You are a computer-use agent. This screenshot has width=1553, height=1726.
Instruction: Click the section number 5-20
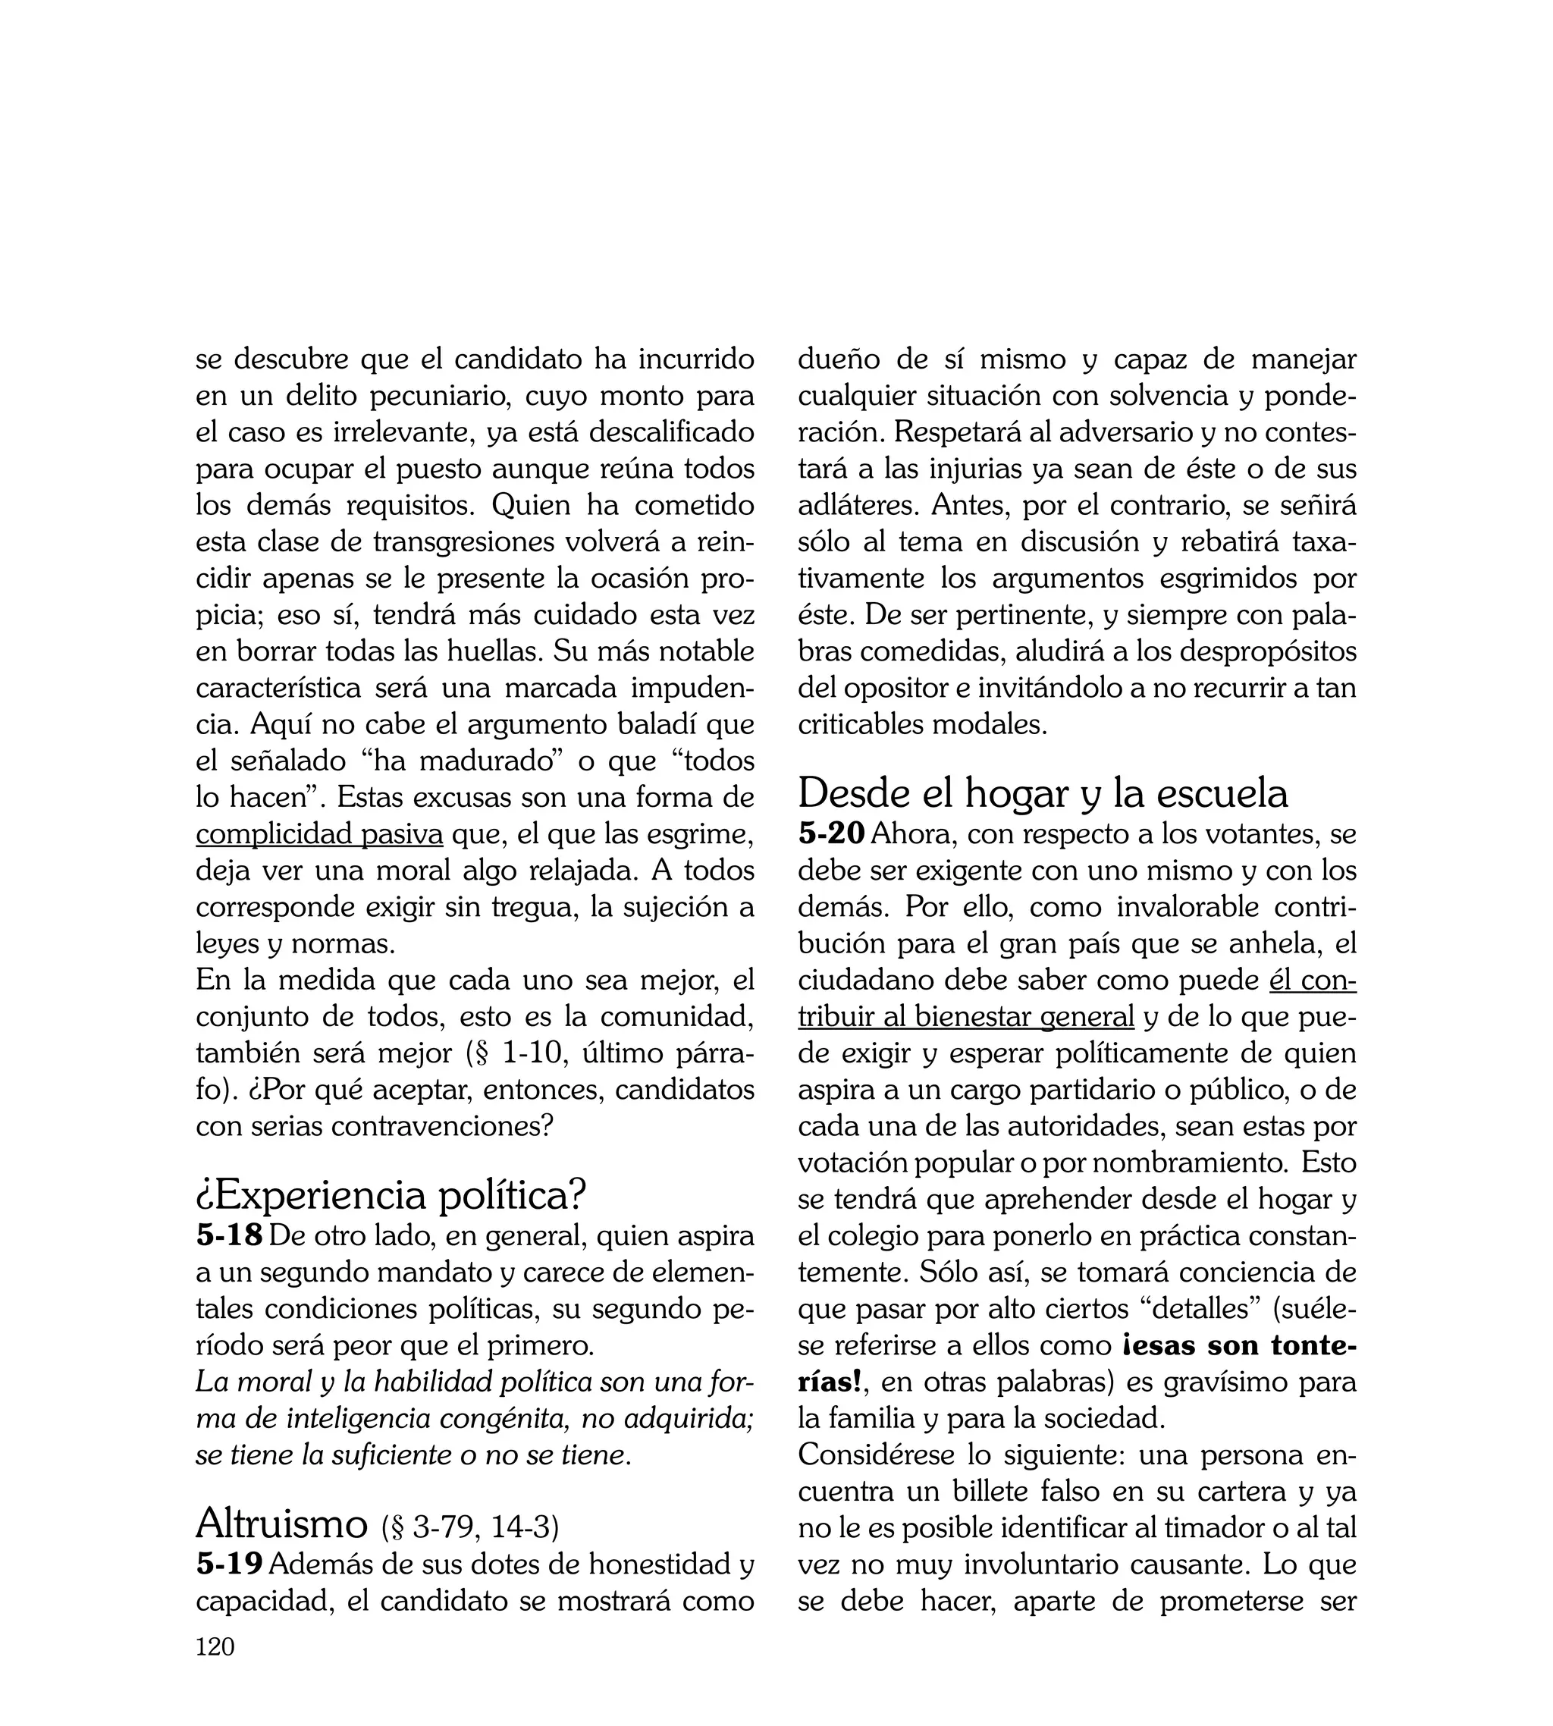tap(831, 833)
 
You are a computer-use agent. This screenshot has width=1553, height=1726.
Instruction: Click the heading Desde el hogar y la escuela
tap(1042, 793)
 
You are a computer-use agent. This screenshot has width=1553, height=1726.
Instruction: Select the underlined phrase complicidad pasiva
tap(319, 833)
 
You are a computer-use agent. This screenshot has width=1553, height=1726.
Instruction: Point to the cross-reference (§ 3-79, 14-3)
tap(471, 1527)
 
